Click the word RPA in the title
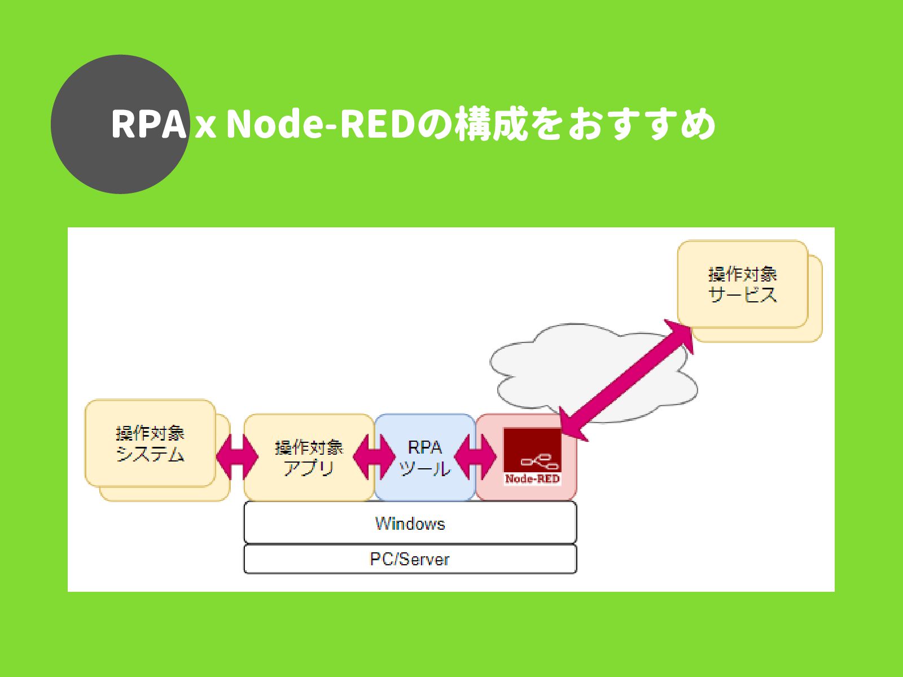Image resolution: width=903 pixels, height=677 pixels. click(x=148, y=124)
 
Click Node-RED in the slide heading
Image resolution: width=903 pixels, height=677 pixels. click(x=321, y=124)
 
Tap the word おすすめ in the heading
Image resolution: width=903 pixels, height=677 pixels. click(x=642, y=124)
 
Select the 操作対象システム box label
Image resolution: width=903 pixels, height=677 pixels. click(x=150, y=444)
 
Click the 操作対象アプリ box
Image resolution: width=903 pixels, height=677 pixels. click(x=309, y=458)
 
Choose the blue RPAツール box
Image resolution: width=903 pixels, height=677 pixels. click(x=425, y=458)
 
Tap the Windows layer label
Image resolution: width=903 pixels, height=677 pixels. click(x=410, y=524)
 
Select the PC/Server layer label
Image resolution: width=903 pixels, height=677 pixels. click(x=410, y=560)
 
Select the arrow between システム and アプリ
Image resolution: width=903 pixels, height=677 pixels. click(x=237, y=457)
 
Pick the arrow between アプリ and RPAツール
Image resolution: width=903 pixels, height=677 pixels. click(x=374, y=457)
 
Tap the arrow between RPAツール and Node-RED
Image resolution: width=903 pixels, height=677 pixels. click(x=476, y=457)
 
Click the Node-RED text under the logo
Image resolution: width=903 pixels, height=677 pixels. click(x=532, y=479)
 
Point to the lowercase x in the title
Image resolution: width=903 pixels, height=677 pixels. click(x=205, y=127)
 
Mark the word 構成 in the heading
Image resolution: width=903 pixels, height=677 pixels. click(x=491, y=124)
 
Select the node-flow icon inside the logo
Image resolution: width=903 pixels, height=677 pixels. click(x=540, y=461)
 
